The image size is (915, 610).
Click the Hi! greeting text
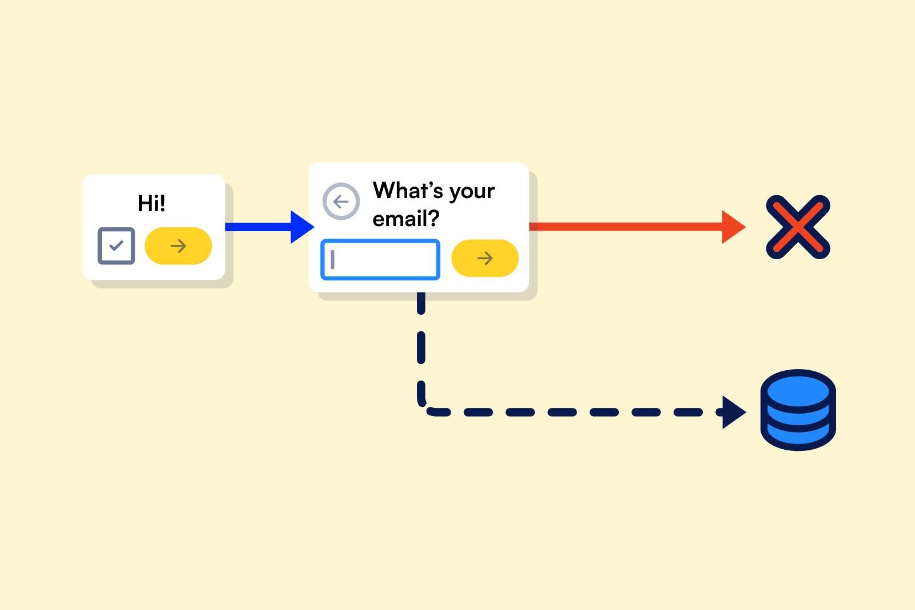pyautogui.click(x=152, y=203)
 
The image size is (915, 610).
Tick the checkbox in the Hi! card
pyautogui.click(x=117, y=245)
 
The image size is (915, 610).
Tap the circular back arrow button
pyautogui.click(x=341, y=201)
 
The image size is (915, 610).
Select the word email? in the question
pyautogui.click(x=406, y=218)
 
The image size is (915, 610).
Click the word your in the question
pyautogui.click(x=472, y=192)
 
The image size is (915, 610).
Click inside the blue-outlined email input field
pyautogui.click(x=380, y=260)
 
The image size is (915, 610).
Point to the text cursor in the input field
pyautogui.click(x=332, y=260)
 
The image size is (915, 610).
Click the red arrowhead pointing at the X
pyautogui.click(x=734, y=227)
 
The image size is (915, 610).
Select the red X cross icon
pyautogui.click(x=798, y=227)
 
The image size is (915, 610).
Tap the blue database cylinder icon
pyautogui.click(x=798, y=410)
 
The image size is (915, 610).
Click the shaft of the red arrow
pyautogui.click(x=626, y=227)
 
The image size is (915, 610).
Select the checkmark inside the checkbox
pyautogui.click(x=117, y=245)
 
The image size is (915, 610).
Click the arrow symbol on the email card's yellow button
pyautogui.click(x=485, y=258)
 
